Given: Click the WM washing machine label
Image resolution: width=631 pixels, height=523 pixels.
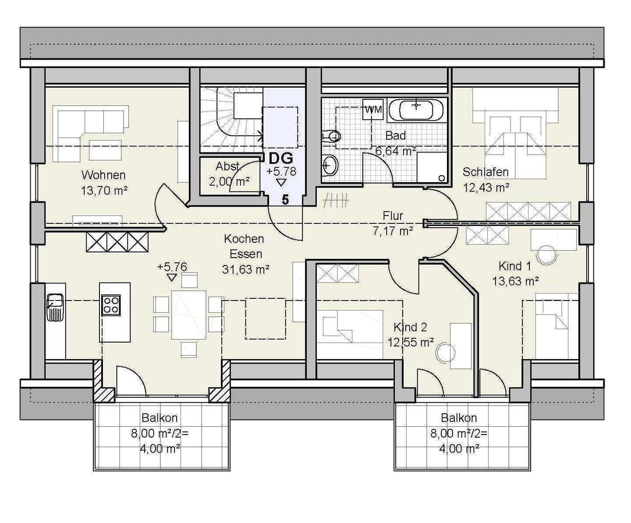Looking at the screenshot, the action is click(373, 110).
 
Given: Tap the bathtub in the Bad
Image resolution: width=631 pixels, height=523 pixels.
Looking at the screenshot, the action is click(416, 110).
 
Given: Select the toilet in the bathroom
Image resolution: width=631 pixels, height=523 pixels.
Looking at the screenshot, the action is click(331, 137).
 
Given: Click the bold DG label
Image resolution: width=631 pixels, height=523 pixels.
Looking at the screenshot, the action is click(281, 158).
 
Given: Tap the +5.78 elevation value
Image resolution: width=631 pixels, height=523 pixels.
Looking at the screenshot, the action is click(281, 172).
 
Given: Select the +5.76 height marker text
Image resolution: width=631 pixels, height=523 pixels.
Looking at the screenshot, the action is click(172, 267).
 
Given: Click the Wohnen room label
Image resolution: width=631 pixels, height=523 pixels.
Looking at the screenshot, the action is click(103, 175).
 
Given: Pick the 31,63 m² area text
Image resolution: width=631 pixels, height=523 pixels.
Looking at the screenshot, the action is click(246, 269).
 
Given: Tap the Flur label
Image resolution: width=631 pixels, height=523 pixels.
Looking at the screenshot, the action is click(393, 216).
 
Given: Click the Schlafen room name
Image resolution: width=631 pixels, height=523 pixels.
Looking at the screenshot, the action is click(486, 172).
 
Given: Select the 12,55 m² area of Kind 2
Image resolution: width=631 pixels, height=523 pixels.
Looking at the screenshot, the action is click(411, 343).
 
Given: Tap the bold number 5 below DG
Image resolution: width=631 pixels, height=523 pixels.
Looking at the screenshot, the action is click(285, 200).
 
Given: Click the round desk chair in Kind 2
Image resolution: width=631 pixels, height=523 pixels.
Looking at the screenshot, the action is click(445, 352).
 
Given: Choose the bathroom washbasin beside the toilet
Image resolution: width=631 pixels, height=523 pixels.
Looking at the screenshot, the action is click(330, 165).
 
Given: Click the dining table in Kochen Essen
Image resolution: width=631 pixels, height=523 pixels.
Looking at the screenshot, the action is click(189, 315).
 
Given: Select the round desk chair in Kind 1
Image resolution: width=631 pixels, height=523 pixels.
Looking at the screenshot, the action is click(546, 255).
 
